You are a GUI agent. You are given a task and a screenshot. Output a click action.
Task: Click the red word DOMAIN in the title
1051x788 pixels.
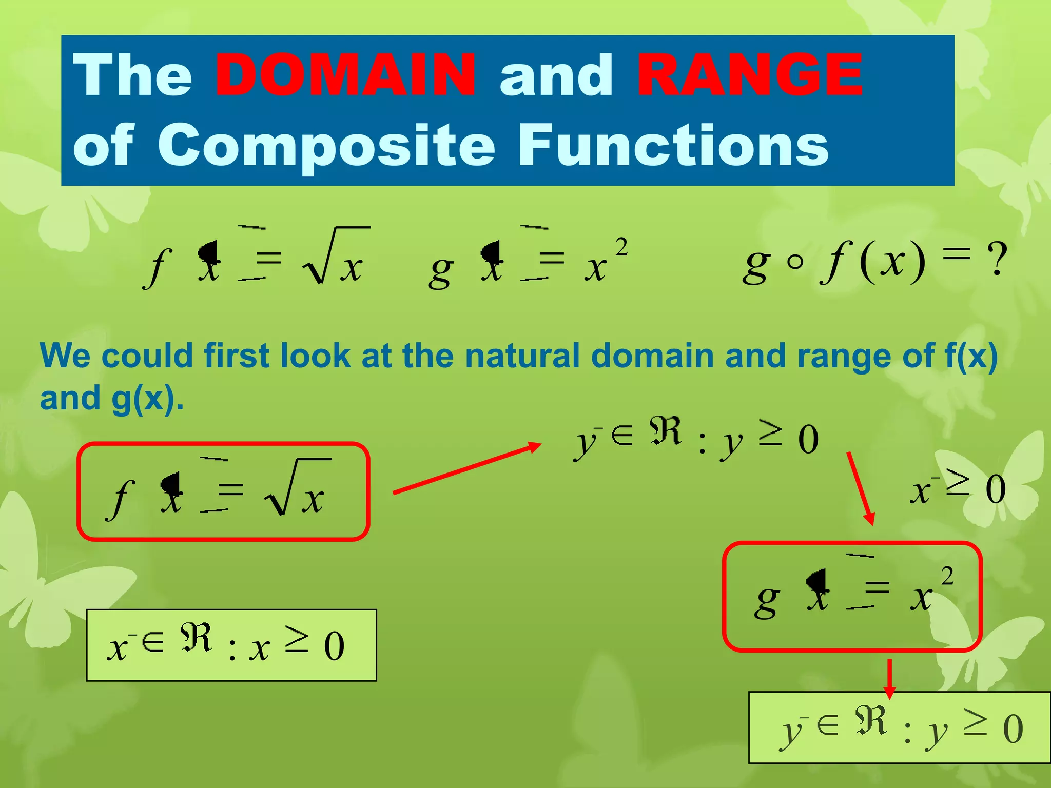point(345,75)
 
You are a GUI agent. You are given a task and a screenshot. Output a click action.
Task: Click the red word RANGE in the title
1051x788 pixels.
point(750,75)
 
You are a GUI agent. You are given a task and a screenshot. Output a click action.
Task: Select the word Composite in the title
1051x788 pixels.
point(326,146)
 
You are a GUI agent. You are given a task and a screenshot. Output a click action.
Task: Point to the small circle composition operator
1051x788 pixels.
point(795,262)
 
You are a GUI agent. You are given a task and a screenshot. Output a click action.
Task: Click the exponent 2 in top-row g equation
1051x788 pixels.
point(621,248)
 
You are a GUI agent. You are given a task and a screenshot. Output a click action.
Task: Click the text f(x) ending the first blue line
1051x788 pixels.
point(970,356)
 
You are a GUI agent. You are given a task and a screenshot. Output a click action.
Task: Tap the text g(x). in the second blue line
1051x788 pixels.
point(147,398)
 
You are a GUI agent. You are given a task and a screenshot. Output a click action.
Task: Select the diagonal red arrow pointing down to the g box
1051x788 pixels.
point(860,488)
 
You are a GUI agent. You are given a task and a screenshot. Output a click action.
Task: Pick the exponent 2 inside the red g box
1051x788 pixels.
point(947,577)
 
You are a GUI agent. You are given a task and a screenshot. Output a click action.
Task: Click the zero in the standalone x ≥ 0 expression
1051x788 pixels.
point(996,490)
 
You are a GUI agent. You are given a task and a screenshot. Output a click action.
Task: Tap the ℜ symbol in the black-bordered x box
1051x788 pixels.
point(196,638)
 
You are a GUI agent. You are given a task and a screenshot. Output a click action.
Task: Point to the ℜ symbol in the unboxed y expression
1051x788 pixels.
point(665,431)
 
